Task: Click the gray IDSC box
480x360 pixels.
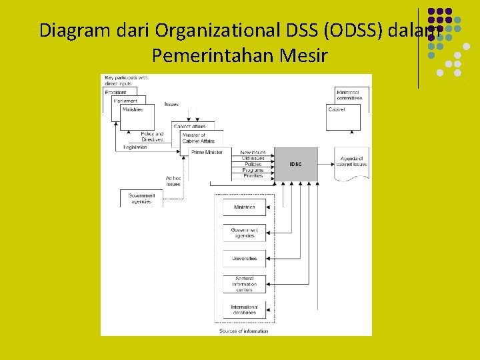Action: [x=295, y=163]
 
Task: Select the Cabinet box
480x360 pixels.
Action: [x=343, y=117]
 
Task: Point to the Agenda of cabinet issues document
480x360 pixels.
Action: [x=351, y=162]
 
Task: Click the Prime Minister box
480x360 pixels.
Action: [x=207, y=153]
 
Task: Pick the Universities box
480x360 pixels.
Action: [x=244, y=258]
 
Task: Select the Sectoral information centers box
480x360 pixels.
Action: [x=244, y=283]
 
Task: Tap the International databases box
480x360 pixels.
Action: [x=244, y=309]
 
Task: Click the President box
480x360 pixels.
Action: [x=120, y=92]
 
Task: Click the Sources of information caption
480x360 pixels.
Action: [x=243, y=331]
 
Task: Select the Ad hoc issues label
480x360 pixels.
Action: [x=173, y=181]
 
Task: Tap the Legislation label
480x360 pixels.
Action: [x=135, y=147]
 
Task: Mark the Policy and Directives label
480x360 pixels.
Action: [x=152, y=137]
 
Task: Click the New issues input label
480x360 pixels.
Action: [x=253, y=153]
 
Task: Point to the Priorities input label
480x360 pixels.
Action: [x=253, y=176]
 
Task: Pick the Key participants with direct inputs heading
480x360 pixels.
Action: [x=127, y=81]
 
